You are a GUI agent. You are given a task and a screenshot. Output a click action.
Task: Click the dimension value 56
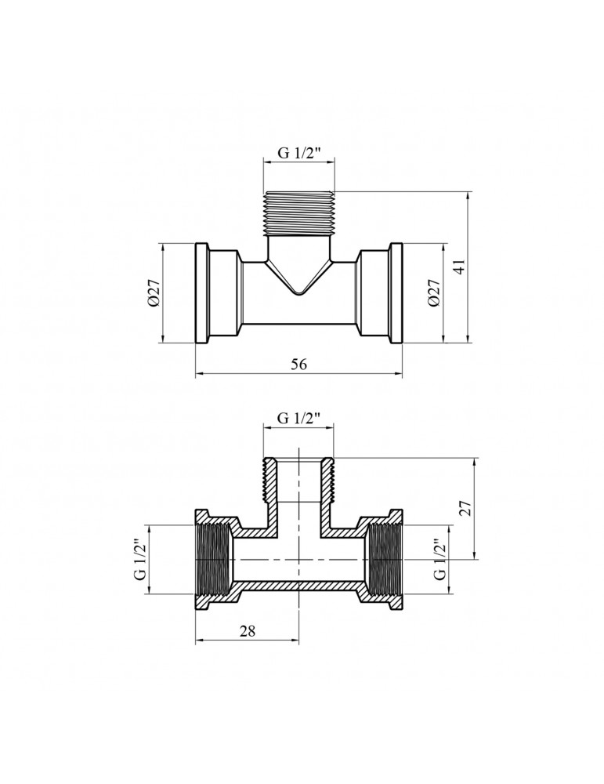(x=298, y=364)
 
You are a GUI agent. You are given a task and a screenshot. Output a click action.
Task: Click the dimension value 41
(x=461, y=267)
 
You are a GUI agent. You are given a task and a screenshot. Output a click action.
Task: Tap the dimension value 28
(x=248, y=631)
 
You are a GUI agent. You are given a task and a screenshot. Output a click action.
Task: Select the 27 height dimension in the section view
(x=467, y=509)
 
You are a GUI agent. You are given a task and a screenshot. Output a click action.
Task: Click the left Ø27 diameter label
(x=154, y=293)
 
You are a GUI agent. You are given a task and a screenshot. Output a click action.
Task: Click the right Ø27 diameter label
(x=434, y=293)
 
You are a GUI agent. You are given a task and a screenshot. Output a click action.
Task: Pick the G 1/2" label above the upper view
(x=298, y=153)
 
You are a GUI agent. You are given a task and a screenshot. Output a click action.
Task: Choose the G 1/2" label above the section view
(x=298, y=419)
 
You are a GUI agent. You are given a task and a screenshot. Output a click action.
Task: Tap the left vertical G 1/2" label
(x=140, y=559)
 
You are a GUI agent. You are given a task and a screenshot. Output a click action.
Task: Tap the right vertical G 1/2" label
(x=440, y=559)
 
